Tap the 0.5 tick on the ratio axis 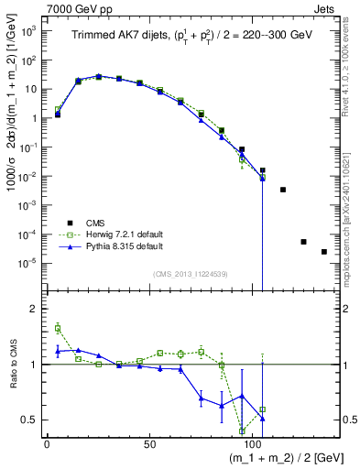click(x=31, y=420)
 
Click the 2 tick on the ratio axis click(x=34, y=310)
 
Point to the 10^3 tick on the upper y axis click(x=27, y=31)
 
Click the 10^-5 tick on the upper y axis click(x=27, y=263)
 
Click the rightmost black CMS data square click(x=324, y=252)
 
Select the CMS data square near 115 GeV click(x=283, y=190)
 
